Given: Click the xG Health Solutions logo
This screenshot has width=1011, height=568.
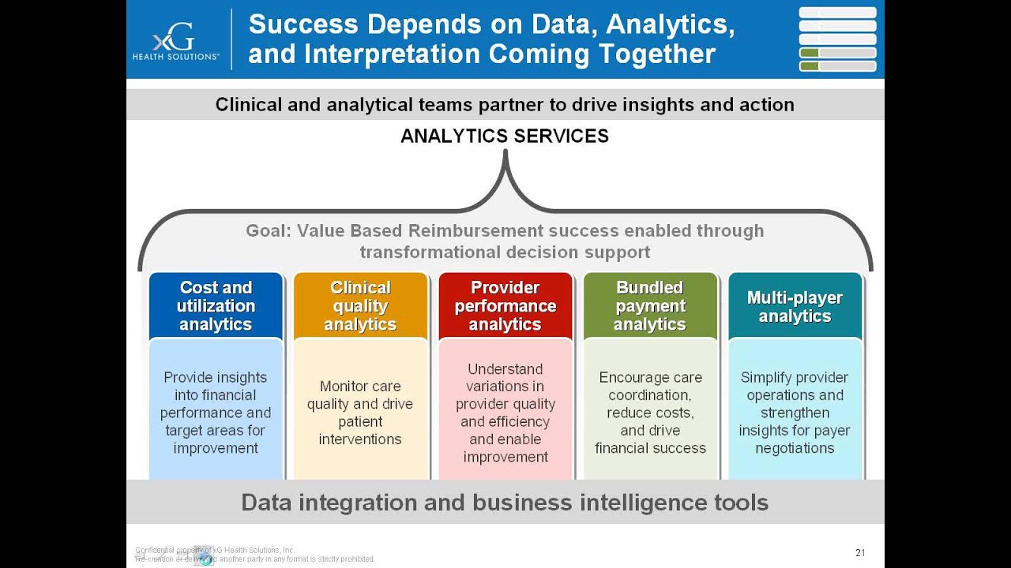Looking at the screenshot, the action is coord(175,40).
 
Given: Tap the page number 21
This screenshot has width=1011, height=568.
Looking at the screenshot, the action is coord(860,552).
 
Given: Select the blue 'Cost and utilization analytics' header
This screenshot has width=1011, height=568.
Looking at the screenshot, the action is coord(216,306).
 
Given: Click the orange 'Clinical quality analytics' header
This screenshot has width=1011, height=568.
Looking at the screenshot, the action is coord(360,306).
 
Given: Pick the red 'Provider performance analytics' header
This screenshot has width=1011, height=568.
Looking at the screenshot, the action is coord(505,306).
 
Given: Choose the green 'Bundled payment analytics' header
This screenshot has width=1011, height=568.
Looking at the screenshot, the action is coord(650,306).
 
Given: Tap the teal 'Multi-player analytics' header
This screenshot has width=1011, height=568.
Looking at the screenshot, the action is coord(795,307).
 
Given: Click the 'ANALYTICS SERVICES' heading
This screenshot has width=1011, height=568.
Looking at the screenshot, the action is coord(505,136).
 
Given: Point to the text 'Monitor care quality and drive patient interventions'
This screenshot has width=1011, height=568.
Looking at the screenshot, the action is coord(360,413).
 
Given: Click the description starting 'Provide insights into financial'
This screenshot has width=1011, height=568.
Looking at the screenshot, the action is coord(216,413).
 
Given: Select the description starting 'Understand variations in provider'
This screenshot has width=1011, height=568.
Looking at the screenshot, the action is coord(505,413).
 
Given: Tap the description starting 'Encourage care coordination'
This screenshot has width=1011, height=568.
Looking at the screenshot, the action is coord(650,413).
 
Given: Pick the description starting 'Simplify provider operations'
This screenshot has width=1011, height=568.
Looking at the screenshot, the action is coord(795,413).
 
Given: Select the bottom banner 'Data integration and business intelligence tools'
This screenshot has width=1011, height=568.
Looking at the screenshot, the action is coord(505,503).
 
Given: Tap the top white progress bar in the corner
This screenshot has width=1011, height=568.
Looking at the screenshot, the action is coord(837,13).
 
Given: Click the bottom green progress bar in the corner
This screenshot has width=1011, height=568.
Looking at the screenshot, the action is coord(837,66).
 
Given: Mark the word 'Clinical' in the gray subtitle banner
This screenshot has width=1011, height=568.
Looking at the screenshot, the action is coord(248,105).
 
